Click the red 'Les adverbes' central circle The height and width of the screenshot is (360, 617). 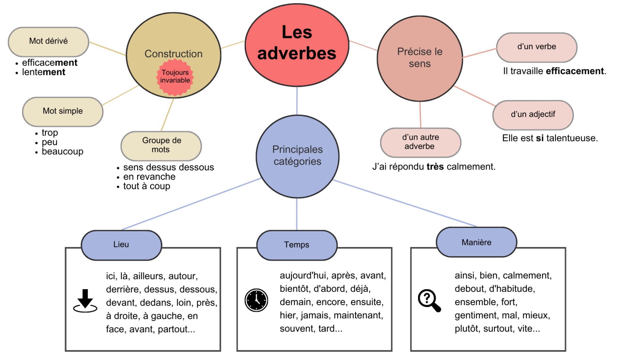click(x=297, y=44)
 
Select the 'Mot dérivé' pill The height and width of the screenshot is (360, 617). click(x=48, y=41)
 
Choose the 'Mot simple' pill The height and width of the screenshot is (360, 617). click(x=63, y=111)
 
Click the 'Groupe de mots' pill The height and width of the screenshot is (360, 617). click(x=161, y=145)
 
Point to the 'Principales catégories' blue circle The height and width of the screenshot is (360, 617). click(x=297, y=156)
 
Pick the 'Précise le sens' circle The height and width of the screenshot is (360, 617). click(x=420, y=58)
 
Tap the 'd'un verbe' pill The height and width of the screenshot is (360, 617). click(x=536, y=47)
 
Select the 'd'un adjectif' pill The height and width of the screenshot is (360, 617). click(x=533, y=115)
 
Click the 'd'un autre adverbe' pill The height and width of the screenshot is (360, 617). click(x=420, y=142)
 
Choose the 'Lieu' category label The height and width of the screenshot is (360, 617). click(x=121, y=244)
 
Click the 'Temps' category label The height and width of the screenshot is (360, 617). click(x=296, y=245)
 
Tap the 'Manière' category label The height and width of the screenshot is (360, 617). click(x=476, y=243)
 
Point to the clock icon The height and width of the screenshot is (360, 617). click(x=256, y=300)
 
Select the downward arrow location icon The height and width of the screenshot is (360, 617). click(x=85, y=301)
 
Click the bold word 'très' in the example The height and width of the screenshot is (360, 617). click(x=435, y=167)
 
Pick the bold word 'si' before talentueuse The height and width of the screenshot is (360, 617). click(x=540, y=138)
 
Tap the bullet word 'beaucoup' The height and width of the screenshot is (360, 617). click(x=63, y=151)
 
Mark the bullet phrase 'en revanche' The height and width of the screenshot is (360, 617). click(x=149, y=177)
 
